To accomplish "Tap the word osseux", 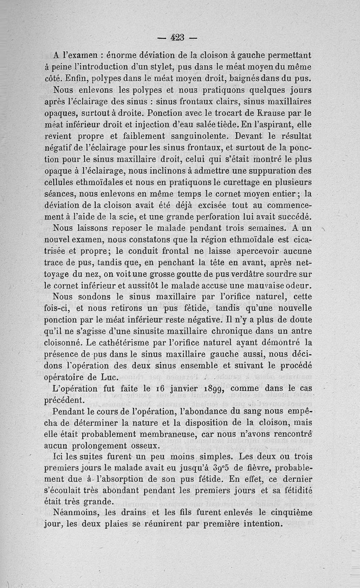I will tap(142, 446).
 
